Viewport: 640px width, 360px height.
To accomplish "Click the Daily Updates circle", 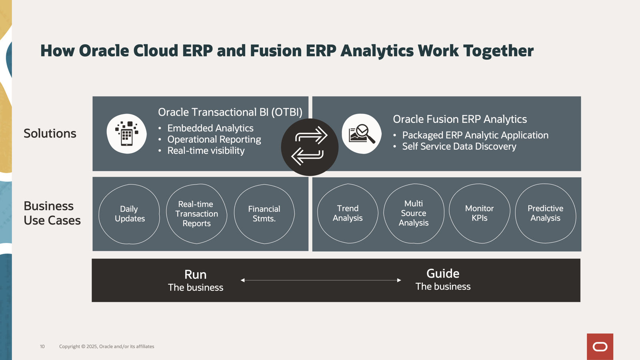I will [x=129, y=214].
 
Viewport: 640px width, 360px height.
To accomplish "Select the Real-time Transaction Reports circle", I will [x=196, y=214].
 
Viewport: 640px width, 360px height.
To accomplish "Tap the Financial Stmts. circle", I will [x=264, y=214].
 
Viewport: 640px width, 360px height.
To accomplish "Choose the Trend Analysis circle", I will [x=348, y=213].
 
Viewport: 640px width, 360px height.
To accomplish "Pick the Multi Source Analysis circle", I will [x=414, y=213].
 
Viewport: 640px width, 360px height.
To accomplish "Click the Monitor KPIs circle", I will [x=479, y=213].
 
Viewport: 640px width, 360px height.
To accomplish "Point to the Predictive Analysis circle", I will [x=545, y=213].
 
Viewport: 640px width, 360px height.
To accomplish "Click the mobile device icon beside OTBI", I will [x=126, y=134].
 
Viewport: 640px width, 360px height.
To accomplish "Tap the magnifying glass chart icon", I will [x=362, y=134].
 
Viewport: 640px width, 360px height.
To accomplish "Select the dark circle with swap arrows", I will [x=310, y=147].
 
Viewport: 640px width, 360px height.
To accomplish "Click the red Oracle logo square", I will [x=600, y=346].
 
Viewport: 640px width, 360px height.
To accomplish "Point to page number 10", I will [x=42, y=346].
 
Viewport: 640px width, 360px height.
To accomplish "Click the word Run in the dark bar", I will [x=195, y=274].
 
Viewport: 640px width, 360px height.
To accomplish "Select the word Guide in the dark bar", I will [x=442, y=274].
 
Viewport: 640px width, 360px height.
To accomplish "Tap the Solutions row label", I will [x=50, y=134].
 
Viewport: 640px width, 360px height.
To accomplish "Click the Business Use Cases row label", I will [x=52, y=213].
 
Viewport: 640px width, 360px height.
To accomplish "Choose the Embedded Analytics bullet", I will [x=210, y=128].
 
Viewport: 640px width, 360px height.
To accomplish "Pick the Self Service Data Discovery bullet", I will [x=459, y=146].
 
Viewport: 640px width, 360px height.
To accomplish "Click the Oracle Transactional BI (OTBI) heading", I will [x=230, y=112].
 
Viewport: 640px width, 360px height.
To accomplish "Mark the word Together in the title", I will [x=498, y=51].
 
